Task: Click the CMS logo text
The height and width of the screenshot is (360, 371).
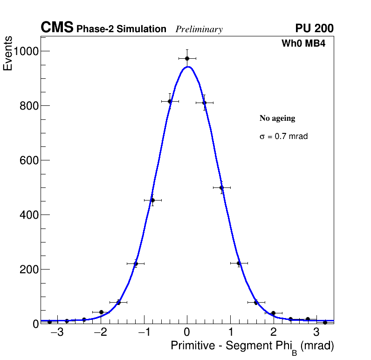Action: (57, 28)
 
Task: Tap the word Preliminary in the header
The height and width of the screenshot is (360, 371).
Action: (199, 29)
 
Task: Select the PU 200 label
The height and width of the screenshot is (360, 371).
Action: (314, 28)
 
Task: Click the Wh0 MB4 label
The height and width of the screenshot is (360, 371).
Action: (303, 44)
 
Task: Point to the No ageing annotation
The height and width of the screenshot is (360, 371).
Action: (277, 118)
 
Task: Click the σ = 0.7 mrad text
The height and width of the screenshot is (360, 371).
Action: (283, 137)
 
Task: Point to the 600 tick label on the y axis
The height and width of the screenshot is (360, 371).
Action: (28, 160)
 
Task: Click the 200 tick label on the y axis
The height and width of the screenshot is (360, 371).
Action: (28, 270)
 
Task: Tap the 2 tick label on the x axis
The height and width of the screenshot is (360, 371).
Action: (274, 332)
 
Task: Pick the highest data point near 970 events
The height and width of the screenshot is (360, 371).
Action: (187, 58)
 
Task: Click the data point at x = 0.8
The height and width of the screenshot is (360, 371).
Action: (222, 187)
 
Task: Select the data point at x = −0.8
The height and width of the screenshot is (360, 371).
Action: (152, 200)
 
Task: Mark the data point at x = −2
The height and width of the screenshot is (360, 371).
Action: (101, 312)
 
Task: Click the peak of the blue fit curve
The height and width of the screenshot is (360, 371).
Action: (188, 67)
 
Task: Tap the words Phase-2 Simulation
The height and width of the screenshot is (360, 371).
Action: (121, 29)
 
